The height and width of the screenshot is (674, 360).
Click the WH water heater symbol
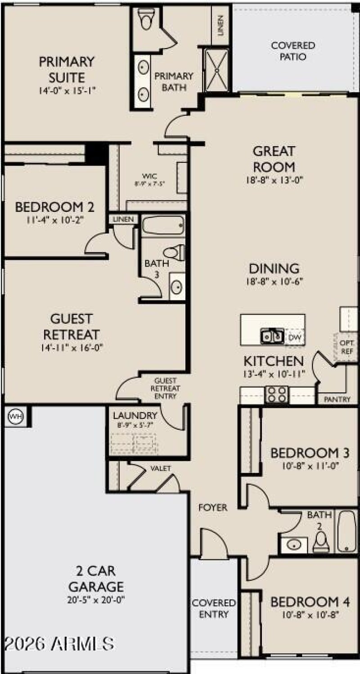15,416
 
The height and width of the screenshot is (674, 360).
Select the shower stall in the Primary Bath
216,69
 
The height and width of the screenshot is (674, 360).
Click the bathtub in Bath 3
163,225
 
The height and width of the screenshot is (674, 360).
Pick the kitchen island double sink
272,336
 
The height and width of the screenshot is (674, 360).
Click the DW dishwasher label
294,337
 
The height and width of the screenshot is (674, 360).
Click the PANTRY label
337,399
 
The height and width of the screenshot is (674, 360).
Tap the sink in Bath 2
295,545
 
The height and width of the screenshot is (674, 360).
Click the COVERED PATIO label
293,51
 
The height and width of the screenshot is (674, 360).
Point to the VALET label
161,468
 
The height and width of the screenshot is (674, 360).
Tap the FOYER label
213,508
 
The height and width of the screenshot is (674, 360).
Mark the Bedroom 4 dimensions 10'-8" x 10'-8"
304,614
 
